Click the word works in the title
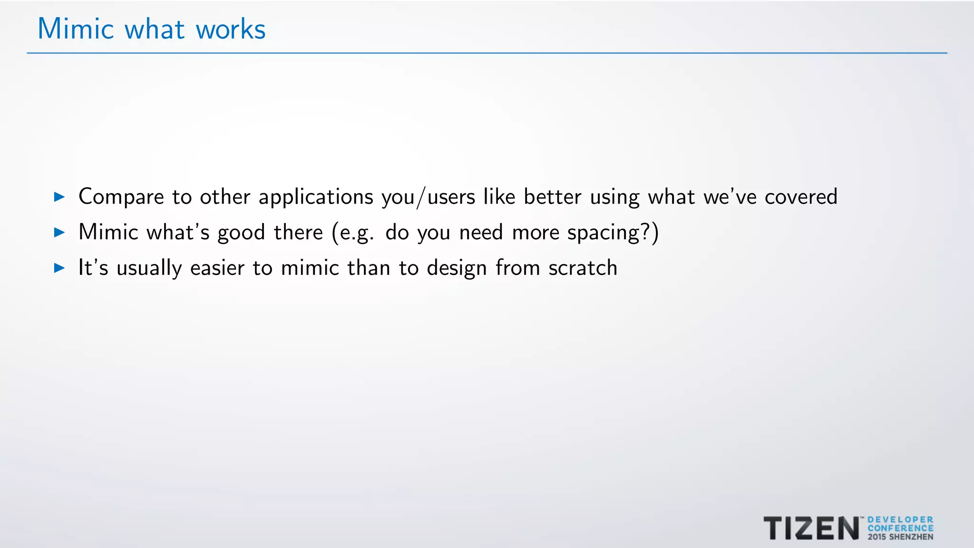tap(231, 29)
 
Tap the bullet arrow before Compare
tap(59, 196)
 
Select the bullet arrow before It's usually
tap(59, 268)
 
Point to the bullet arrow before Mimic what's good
tap(59, 232)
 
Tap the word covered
tap(801, 196)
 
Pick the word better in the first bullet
tap(552, 196)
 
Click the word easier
tap(217, 268)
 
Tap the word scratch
tap(583, 268)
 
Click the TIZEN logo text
tap(811, 528)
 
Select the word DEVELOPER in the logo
tap(900, 520)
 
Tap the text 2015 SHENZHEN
tap(900, 537)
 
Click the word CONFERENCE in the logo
tap(900, 528)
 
